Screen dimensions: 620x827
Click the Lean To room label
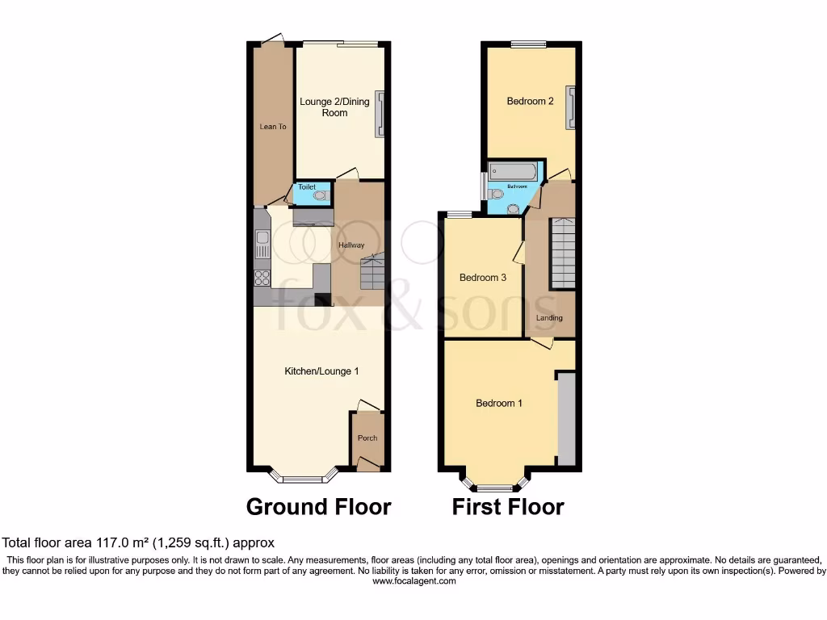[x=273, y=127]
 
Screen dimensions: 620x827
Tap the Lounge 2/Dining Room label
[x=334, y=107]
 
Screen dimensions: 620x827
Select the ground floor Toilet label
[x=307, y=187]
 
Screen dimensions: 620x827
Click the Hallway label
[x=351, y=245]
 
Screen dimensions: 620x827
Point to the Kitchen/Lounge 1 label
[x=321, y=371]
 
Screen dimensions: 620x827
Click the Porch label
[x=367, y=438]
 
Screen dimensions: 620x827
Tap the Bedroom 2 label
[x=530, y=102]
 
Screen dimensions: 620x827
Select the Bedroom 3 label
[x=483, y=278]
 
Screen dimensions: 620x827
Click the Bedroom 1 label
[x=498, y=403]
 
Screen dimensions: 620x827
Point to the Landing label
[x=549, y=318]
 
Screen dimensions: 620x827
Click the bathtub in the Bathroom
[x=512, y=171]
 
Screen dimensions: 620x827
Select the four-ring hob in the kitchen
[x=262, y=278]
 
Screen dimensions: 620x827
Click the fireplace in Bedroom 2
[x=571, y=107]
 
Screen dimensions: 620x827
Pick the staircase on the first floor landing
[x=563, y=254]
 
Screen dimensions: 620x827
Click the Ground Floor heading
[x=318, y=507]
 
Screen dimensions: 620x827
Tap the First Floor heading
[x=507, y=507]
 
